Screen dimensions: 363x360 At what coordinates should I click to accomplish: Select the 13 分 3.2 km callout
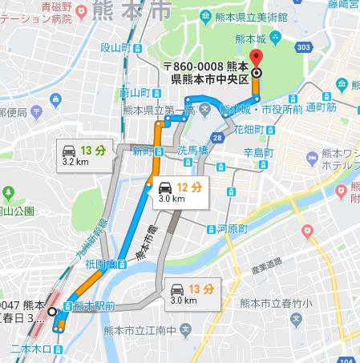pos(83,154)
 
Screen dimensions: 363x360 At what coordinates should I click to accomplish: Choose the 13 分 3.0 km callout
pos(190,293)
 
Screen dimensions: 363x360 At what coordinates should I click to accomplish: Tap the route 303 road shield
pos(302,48)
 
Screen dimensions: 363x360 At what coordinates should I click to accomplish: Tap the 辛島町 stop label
pos(258,152)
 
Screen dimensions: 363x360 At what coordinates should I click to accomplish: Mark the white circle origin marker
pos(52,312)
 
